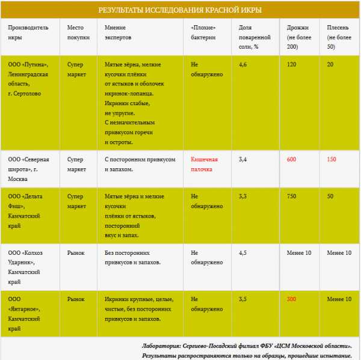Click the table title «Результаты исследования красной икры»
click(180, 10)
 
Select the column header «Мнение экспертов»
click(119, 32)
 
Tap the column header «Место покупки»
click(78, 32)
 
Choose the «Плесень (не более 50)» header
click(339, 37)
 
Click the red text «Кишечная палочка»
click(205, 164)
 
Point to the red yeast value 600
click(292, 159)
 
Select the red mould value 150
click(332, 159)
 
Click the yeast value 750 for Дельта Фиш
click(292, 197)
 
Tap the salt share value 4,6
click(243, 64)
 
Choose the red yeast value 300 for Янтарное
click(292, 299)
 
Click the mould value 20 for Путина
click(330, 64)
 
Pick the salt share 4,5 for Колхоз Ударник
click(243, 253)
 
